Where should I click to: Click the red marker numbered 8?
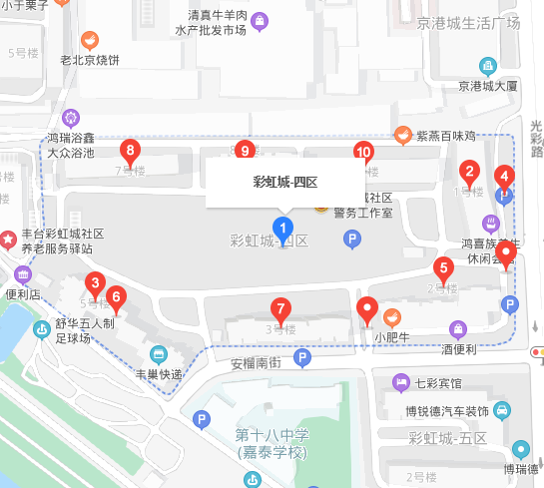[129, 152]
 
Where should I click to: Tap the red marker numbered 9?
[246, 151]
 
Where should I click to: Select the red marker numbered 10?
[363, 153]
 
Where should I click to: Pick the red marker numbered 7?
[282, 308]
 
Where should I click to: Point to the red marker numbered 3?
[95, 282]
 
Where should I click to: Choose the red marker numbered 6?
[116, 296]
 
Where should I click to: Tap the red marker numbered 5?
[443, 267]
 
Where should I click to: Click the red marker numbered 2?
[471, 171]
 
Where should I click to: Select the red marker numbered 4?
[505, 178]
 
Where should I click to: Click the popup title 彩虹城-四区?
[284, 183]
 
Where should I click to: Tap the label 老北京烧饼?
[89, 61]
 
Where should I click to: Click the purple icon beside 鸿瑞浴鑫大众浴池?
[70, 117]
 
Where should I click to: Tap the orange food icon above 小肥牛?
[392, 316]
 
